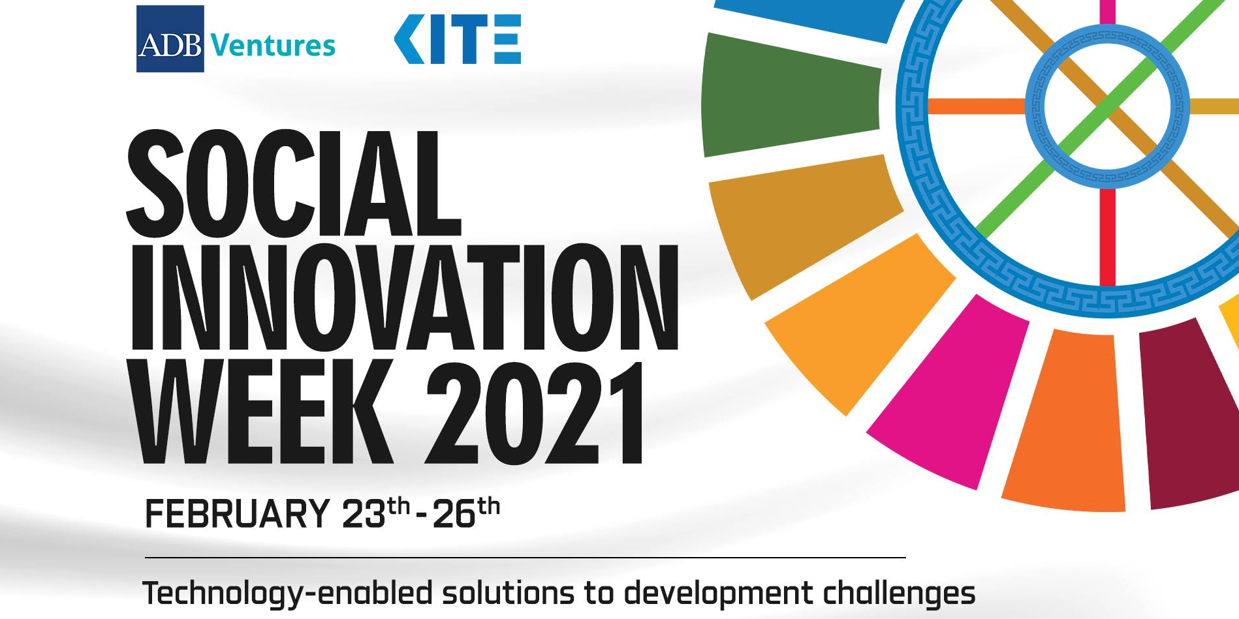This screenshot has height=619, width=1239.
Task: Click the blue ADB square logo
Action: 170,38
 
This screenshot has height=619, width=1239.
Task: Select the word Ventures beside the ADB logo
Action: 273,46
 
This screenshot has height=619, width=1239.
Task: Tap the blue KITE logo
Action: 458,39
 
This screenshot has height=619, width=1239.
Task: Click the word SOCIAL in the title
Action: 294,184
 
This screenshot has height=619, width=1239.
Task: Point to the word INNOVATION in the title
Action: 405,298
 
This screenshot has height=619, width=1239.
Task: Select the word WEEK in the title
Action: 262,412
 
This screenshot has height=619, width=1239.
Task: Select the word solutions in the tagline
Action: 509,592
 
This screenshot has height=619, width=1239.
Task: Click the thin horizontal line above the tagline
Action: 525,558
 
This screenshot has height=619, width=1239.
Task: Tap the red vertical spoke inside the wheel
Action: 1107,237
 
